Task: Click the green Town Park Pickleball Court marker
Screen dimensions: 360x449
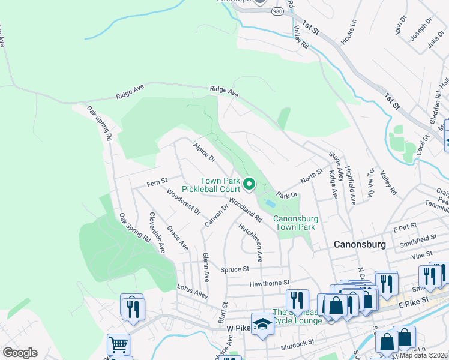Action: pos(250,184)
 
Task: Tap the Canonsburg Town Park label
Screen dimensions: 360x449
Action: pos(294,223)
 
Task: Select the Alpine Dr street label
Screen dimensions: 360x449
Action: pos(204,152)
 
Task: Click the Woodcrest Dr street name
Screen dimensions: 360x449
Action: pos(184,202)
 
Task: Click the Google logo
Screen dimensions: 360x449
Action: pos(20,352)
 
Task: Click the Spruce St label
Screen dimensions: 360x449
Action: pos(234,269)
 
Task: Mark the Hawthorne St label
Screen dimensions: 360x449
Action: pos(270,281)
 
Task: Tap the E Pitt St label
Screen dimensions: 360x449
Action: pos(405,229)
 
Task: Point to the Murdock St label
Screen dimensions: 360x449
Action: pos(298,343)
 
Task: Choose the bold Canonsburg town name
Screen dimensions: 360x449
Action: pos(358,245)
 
